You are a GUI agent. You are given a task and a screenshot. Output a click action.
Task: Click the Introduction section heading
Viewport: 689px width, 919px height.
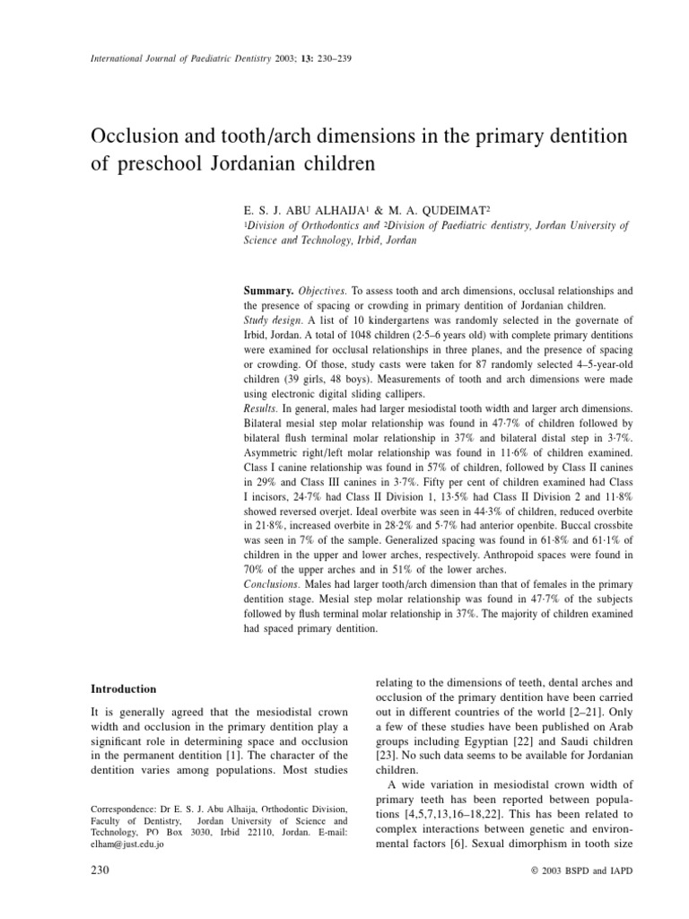[x=125, y=688]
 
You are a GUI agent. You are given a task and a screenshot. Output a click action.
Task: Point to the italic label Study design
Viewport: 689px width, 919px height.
[x=274, y=320]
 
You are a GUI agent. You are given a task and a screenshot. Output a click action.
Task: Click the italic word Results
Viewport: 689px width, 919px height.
[x=265, y=407]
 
